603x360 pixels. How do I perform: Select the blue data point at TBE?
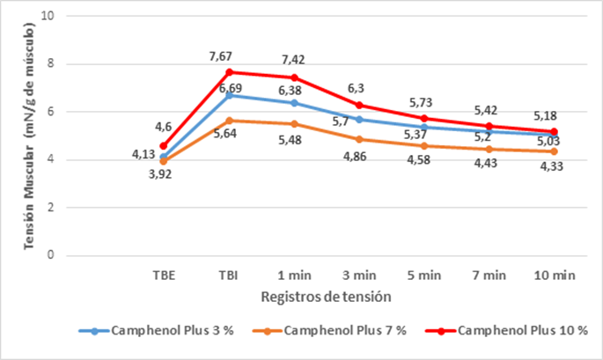point(163,157)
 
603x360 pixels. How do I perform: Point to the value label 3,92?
point(158,175)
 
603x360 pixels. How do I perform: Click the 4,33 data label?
point(550,167)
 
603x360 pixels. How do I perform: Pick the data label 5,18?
point(548,115)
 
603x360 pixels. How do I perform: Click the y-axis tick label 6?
point(51,112)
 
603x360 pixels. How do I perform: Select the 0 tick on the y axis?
point(51,255)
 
